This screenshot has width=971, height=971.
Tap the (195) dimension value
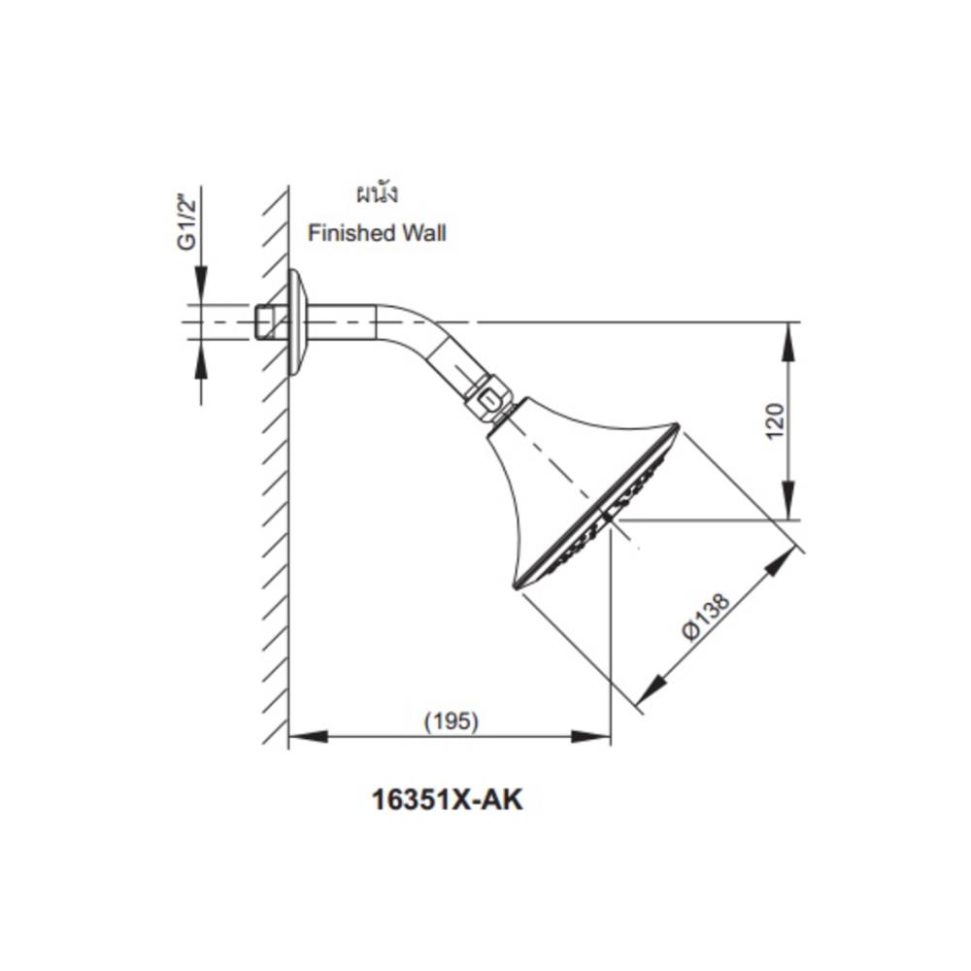[451, 721]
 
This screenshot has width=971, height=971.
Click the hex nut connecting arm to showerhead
[488, 397]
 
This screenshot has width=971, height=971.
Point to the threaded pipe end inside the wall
[264, 321]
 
